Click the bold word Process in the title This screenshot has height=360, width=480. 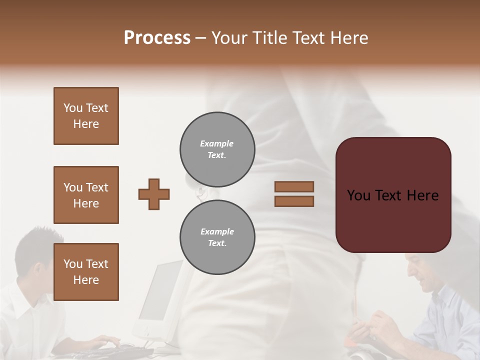(x=157, y=37)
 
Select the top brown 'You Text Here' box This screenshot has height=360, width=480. (x=86, y=116)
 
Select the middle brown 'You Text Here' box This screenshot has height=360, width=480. (x=86, y=195)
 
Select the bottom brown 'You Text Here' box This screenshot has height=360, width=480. (x=86, y=272)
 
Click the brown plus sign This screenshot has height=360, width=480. (x=154, y=194)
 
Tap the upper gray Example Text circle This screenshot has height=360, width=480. (x=217, y=149)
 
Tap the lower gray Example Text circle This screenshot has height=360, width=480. (x=217, y=237)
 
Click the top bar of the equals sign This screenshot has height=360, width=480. (x=294, y=186)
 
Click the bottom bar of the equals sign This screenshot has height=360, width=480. (x=294, y=201)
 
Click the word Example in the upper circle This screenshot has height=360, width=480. (x=217, y=143)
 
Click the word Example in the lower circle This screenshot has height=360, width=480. (x=217, y=231)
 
